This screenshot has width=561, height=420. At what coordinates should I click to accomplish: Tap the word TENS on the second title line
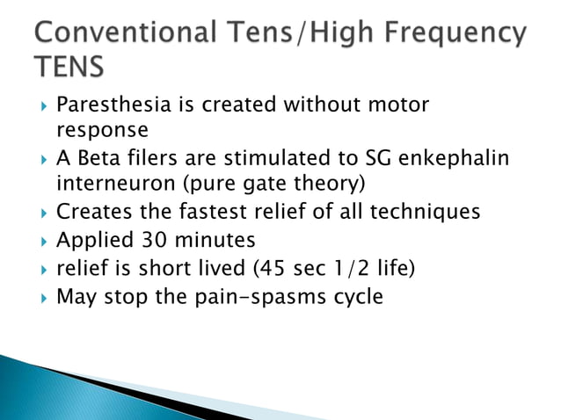tap(66, 67)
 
